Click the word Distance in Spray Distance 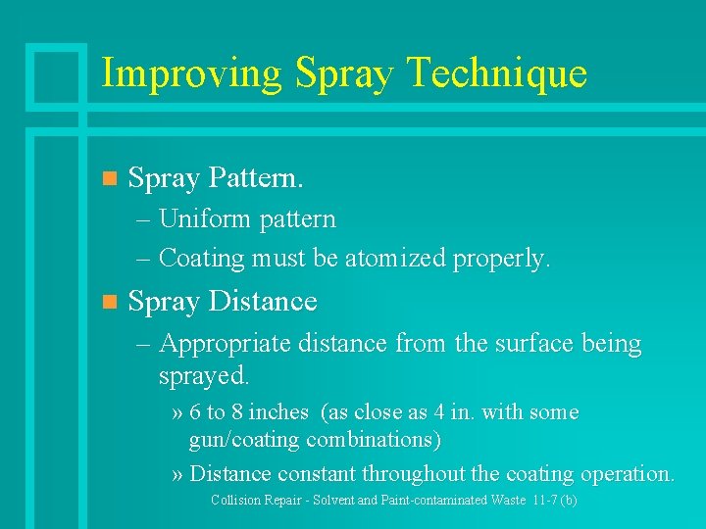coord(263,302)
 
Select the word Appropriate coord(226,344)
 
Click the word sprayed coord(204,375)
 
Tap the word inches coord(278,412)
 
